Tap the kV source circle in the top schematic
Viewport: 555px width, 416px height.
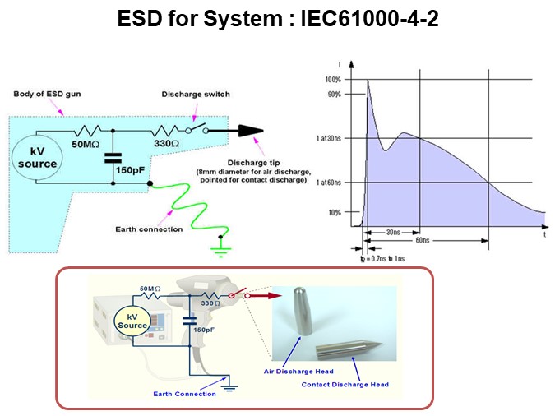click(x=38, y=158)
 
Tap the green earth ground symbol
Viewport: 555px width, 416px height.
click(x=220, y=244)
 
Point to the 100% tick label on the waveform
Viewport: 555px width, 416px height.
click(x=332, y=80)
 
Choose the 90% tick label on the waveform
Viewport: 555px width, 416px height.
click(x=334, y=94)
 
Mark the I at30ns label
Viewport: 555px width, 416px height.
click(x=329, y=138)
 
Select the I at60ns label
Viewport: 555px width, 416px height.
click(x=329, y=182)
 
